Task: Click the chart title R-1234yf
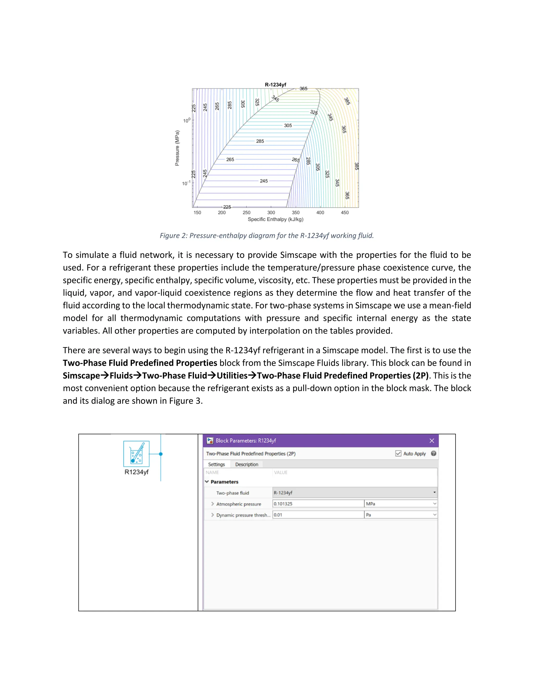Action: [x=275, y=85]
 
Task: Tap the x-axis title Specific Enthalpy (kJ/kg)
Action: [x=275, y=219]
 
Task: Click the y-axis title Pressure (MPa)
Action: [x=177, y=148]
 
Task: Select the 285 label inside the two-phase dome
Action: [x=260, y=141]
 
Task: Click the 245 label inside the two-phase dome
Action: [x=264, y=181]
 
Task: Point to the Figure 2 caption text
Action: [x=267, y=236]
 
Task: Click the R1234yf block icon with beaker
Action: [x=136, y=454]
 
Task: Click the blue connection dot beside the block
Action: [x=161, y=454]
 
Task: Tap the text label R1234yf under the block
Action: [x=136, y=472]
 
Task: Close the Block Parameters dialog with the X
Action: [x=432, y=441]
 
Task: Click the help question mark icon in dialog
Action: [x=433, y=454]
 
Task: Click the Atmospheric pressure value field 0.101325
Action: [x=318, y=504]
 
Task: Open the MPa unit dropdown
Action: [x=400, y=504]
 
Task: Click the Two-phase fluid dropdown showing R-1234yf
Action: [x=354, y=493]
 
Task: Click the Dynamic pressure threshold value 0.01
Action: [x=318, y=515]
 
